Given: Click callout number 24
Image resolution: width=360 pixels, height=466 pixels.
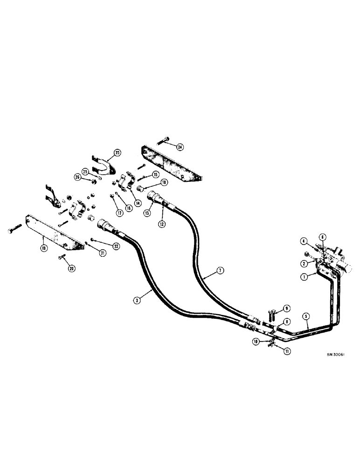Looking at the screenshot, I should click(x=180, y=147).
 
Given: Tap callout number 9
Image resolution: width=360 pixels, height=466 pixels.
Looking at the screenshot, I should click(x=287, y=308).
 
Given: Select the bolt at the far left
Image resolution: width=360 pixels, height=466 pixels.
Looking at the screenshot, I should click(x=14, y=231).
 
